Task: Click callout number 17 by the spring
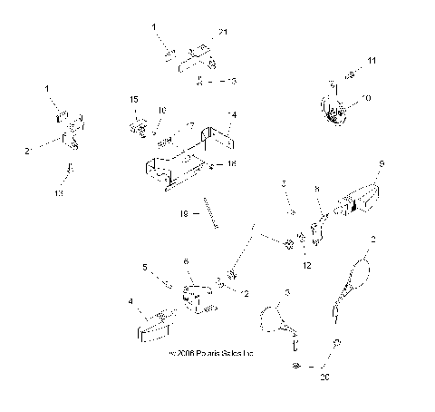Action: [x=191, y=125]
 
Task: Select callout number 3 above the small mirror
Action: [x=287, y=291]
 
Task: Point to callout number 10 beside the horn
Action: [x=366, y=97]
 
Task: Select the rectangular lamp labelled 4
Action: [x=156, y=324]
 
